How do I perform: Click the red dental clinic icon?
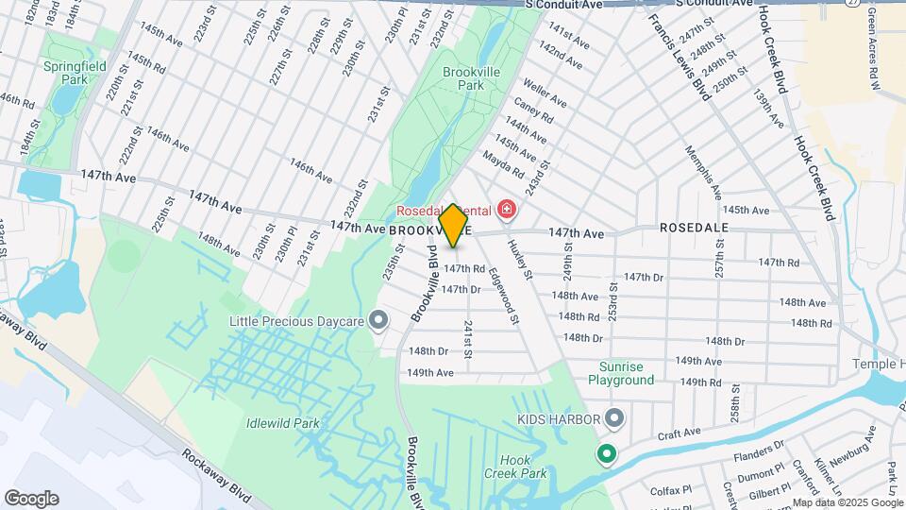[507, 208]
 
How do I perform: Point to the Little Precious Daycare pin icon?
[378, 322]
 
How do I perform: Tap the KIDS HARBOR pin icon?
[614, 416]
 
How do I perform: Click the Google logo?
[31, 499]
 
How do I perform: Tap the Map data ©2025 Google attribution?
[847, 502]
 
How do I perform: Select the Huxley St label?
[520, 259]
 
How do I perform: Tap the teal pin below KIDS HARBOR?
[606, 455]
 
